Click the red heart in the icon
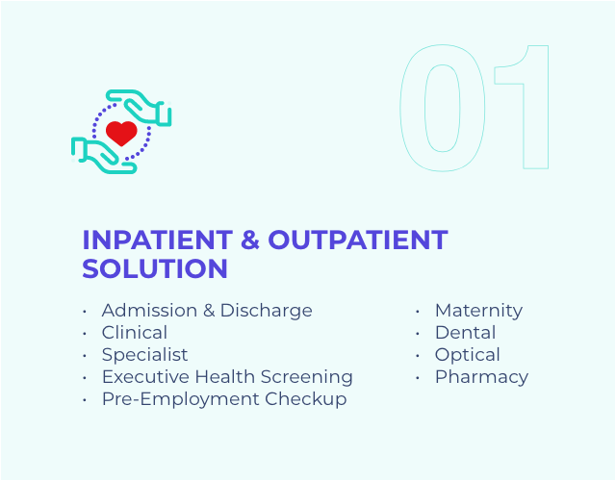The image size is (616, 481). (121, 133)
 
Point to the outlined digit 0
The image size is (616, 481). (443, 108)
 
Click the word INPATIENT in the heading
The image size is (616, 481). (158, 240)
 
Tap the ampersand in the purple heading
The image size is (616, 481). (250, 240)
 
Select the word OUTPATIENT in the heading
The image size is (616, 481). (358, 240)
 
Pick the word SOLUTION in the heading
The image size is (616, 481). (155, 268)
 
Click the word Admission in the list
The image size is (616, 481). (150, 310)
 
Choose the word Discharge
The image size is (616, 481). (267, 311)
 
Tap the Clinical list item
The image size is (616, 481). (135, 333)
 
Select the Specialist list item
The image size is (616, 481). (145, 355)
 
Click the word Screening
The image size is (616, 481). (307, 377)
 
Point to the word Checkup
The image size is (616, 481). (306, 400)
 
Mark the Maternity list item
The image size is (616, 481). (479, 311)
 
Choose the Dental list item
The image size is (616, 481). (466, 333)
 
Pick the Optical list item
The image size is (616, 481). (468, 355)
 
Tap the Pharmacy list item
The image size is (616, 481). (481, 377)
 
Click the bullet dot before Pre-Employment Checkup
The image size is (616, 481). (85, 400)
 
